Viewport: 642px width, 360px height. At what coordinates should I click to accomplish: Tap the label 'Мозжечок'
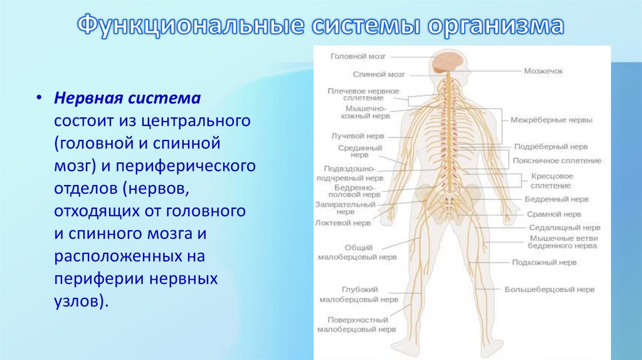tap(543, 71)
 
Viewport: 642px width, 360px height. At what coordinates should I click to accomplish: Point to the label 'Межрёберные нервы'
tap(551, 119)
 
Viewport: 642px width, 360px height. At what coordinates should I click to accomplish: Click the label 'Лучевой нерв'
tap(357, 135)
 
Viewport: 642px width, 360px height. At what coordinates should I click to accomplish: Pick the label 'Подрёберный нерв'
tap(551, 147)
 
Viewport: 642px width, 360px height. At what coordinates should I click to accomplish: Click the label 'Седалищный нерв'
tap(565, 228)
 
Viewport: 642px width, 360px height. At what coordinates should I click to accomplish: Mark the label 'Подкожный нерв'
tap(544, 262)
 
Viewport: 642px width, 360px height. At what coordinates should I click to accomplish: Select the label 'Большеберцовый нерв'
tap(550, 290)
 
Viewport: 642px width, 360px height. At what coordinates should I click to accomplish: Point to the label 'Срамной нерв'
tap(547, 214)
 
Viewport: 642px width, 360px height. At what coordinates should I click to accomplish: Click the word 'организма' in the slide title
tap(496, 26)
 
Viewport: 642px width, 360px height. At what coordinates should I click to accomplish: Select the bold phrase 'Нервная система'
tap(127, 98)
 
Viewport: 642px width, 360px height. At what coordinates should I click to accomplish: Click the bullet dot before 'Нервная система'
tap(39, 98)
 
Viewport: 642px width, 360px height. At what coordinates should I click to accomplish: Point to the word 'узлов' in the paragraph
tap(76, 300)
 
